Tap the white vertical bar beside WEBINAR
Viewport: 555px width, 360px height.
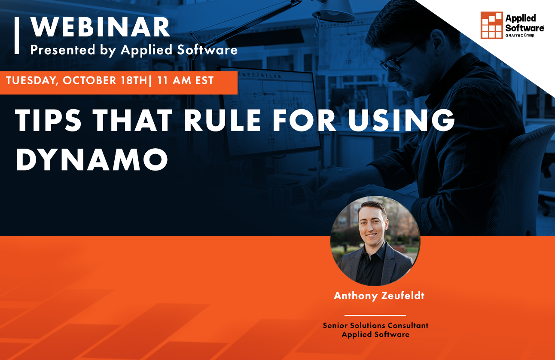[16, 35]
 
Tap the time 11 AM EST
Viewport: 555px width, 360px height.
[186, 81]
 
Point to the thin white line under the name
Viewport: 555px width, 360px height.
[375, 315]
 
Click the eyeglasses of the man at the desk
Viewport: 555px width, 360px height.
[396, 61]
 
